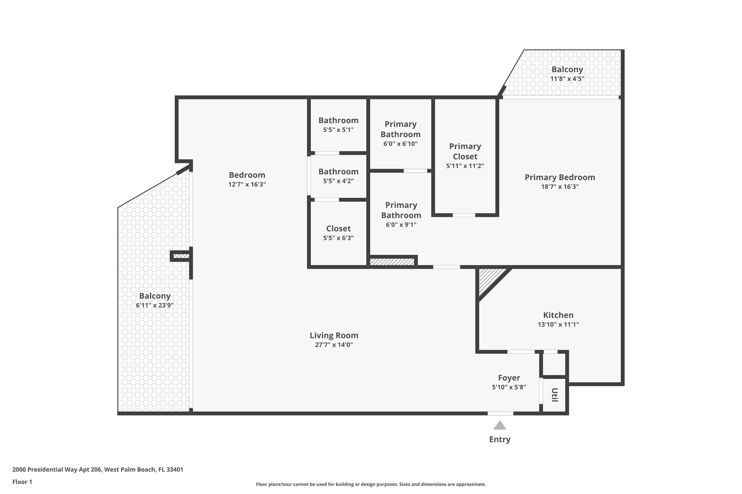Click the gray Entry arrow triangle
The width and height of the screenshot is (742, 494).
pos(500,426)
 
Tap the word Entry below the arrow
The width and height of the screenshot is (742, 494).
pos(500,439)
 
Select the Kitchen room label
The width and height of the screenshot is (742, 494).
pos(558,315)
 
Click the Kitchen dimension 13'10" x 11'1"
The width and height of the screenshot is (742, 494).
pos(558,324)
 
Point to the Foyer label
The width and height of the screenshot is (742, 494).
pos(509,378)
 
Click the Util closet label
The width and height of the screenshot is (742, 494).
pos(554,395)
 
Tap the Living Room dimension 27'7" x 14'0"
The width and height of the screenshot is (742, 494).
pos(334,345)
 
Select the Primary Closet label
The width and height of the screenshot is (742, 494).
pos(465,151)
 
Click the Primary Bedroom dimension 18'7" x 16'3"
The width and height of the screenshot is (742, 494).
pos(560,187)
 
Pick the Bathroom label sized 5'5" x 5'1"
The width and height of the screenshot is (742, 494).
pos(338,121)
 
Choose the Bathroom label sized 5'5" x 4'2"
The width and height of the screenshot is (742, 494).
pos(338,172)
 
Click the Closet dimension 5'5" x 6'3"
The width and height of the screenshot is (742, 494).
pos(338,238)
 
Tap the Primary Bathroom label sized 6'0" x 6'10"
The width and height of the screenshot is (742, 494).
pos(400,129)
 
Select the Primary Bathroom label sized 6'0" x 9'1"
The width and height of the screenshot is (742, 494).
pos(401,210)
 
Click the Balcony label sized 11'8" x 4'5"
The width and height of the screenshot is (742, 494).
pos(567,69)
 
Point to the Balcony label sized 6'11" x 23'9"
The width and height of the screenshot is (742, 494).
pos(155,296)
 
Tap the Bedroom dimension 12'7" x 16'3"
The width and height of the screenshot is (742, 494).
pos(247,185)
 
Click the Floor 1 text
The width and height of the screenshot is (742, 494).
pos(22,482)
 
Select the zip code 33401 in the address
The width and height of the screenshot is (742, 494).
pos(175,470)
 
